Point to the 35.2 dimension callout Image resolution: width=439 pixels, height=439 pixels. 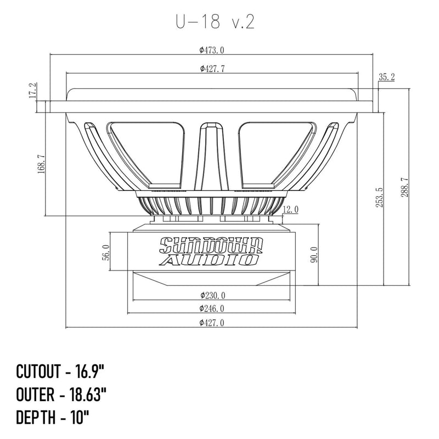387,77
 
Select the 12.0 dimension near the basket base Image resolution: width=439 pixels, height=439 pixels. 291,209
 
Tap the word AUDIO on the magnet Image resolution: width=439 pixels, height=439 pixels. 211,259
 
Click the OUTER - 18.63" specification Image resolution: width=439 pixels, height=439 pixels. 61,393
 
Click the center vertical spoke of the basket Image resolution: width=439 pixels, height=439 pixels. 211,159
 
